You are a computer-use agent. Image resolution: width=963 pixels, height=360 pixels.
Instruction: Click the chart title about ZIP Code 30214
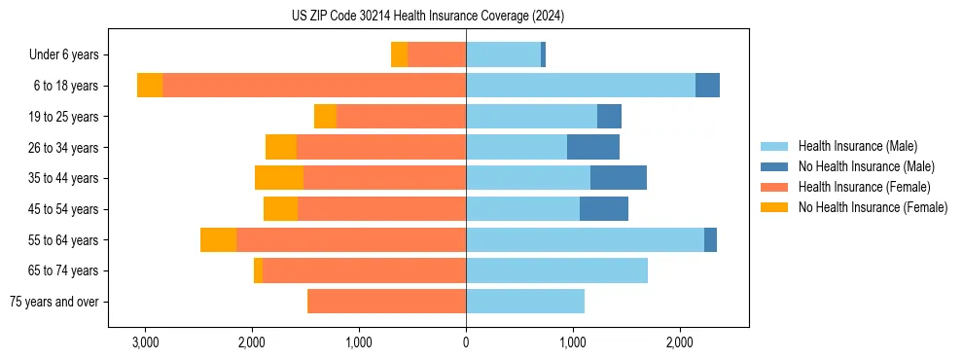click(x=427, y=17)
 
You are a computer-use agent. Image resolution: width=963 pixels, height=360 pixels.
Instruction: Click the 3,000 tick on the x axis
click(x=145, y=342)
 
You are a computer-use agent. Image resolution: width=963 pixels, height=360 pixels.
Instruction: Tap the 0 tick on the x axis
click(x=466, y=342)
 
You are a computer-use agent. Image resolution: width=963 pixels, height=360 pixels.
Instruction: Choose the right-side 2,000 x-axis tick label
click(x=679, y=342)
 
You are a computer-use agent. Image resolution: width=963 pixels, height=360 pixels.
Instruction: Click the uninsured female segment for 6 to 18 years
click(x=150, y=86)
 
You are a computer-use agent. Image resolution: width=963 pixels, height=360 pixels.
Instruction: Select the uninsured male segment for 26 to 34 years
click(x=593, y=147)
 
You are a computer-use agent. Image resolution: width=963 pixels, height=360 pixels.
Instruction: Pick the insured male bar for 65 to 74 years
click(x=556, y=270)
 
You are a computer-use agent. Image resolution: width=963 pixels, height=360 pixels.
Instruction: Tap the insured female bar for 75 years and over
click(x=386, y=302)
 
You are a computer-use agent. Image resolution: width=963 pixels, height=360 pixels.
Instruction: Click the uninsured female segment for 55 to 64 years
click(x=219, y=239)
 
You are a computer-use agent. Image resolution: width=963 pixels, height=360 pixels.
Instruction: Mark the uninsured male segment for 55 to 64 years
click(x=710, y=239)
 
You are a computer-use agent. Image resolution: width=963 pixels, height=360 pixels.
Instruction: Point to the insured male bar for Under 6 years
click(x=503, y=54)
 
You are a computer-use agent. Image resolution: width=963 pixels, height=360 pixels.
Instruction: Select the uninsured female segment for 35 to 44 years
click(x=279, y=178)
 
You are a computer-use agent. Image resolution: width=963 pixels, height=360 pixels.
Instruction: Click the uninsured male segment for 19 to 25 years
click(x=609, y=117)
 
